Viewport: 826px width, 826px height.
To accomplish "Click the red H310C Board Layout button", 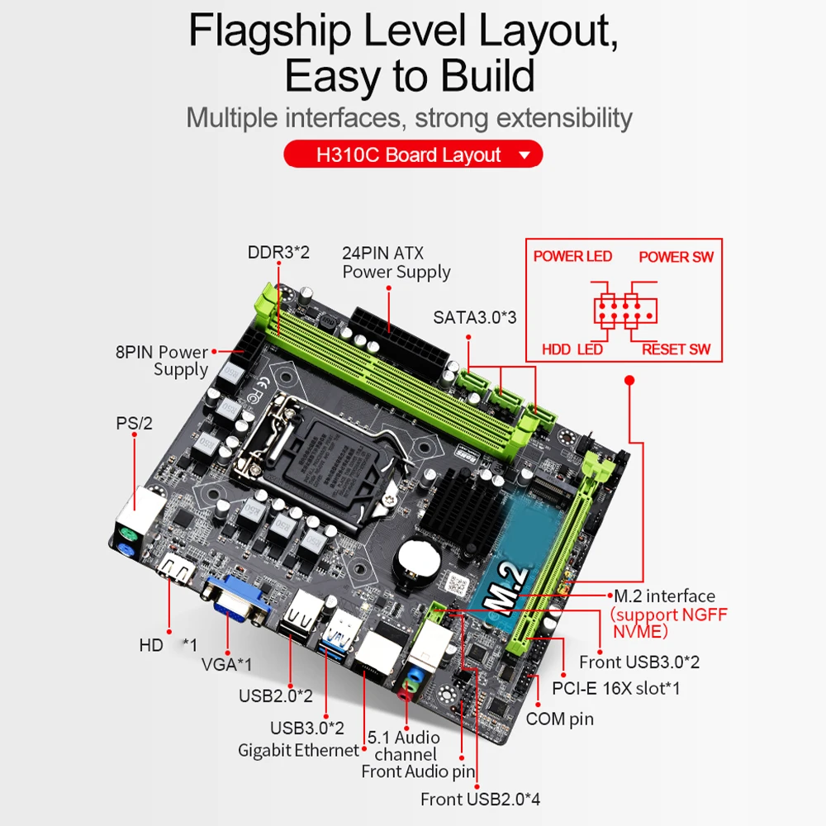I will [412, 154].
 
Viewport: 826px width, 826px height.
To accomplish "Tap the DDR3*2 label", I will [278, 252].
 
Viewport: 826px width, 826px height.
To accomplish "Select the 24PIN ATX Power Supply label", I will [396, 262].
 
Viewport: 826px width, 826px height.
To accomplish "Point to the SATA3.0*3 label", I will [474, 317].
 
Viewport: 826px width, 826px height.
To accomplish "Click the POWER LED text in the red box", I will [572, 256].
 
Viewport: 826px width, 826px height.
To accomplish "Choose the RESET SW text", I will [676, 349].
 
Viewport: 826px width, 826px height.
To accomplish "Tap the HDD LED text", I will [572, 349].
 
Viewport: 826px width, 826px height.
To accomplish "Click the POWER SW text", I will [676, 257].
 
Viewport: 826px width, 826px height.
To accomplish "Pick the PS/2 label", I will [135, 424].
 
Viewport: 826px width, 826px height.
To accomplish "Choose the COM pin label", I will [559, 719].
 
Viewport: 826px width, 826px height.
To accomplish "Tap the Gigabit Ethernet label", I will [298, 751].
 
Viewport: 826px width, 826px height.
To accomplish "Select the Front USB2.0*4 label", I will [480, 799].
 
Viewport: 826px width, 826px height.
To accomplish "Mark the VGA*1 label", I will [226, 663].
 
